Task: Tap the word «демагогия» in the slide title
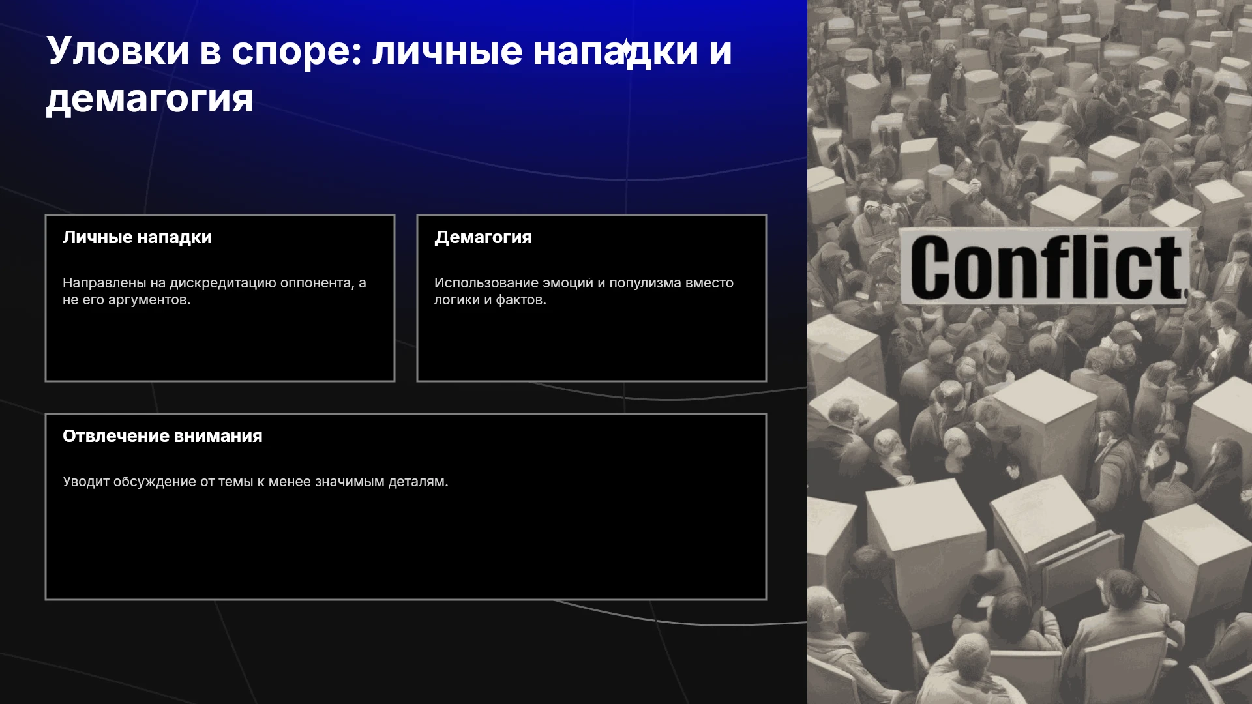click(x=149, y=99)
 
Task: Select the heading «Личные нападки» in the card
click(x=138, y=237)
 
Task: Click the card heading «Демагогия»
click(x=483, y=237)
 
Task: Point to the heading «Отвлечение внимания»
click(x=162, y=436)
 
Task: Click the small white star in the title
click(x=625, y=48)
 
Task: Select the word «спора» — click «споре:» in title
click(x=297, y=51)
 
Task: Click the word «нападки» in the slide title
click(x=616, y=51)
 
